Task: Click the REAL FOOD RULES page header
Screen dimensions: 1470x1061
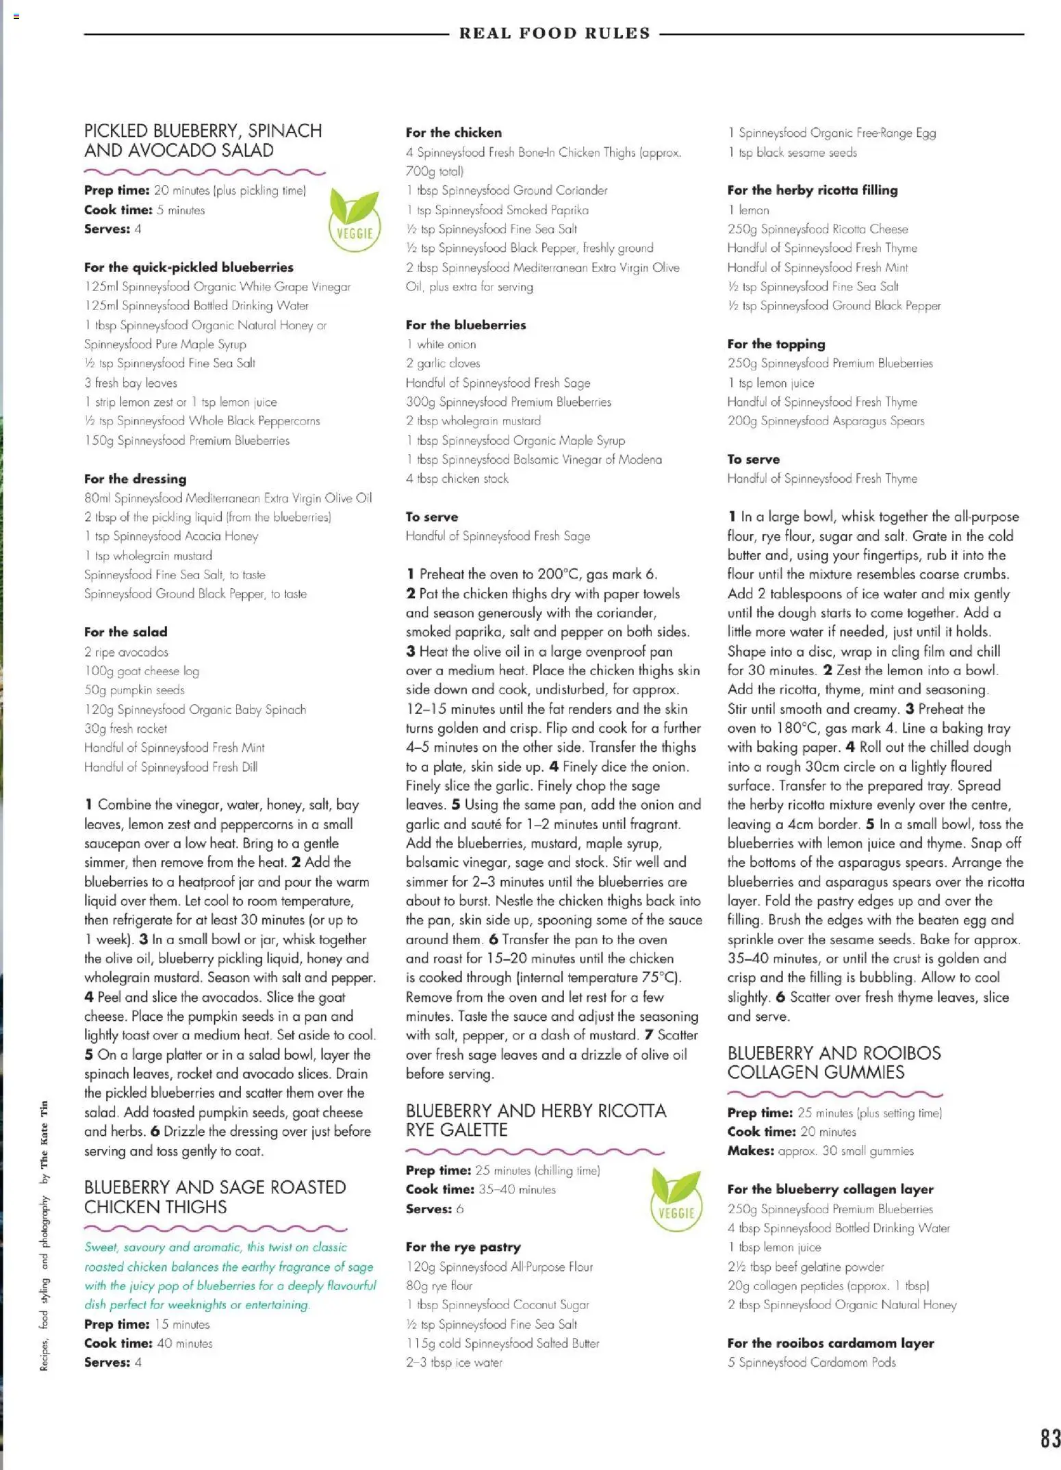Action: tap(554, 33)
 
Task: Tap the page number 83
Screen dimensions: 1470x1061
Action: tap(1050, 1439)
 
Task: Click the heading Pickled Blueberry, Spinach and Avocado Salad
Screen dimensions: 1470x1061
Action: tap(203, 140)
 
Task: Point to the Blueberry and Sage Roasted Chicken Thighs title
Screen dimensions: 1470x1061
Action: tap(215, 1197)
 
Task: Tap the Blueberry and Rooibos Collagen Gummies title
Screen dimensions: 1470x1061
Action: tap(834, 1063)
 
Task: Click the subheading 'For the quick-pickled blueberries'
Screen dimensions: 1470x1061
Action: tap(188, 267)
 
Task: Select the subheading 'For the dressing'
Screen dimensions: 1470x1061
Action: tap(135, 479)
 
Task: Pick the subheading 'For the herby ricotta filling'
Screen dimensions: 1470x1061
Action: tap(812, 190)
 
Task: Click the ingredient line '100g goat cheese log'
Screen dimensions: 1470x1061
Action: tap(142, 671)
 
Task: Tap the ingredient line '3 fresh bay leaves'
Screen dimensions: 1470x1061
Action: tap(131, 383)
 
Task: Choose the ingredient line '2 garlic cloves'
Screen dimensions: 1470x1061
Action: tap(443, 364)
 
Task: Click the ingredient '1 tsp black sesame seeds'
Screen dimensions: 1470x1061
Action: tap(792, 153)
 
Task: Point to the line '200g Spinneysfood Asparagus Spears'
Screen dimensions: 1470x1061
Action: tap(826, 421)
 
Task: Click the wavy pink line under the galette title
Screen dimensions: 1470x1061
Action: tap(535, 1152)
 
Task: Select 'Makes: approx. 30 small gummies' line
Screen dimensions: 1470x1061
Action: tap(820, 1151)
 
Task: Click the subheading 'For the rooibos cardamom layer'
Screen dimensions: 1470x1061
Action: tap(830, 1343)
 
